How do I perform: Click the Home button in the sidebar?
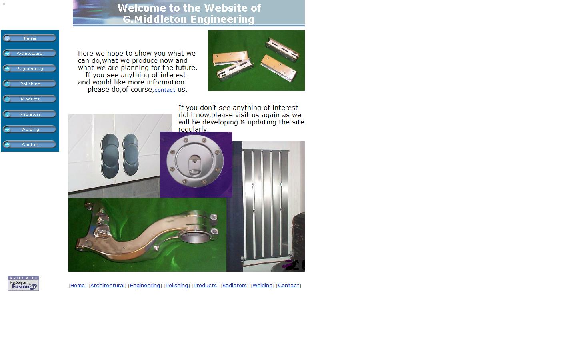pos(30,38)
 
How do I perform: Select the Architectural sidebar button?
pos(30,54)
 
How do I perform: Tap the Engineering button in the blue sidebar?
pos(30,69)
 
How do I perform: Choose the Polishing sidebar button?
pos(30,84)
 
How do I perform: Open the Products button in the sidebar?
pos(30,99)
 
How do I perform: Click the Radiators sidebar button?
pos(30,114)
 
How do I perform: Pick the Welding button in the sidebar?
pos(30,130)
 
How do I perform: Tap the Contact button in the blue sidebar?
pos(30,145)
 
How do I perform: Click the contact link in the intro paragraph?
pos(164,90)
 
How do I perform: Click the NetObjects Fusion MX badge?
pos(24,283)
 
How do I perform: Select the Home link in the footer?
pos(78,286)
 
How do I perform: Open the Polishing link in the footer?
pos(177,286)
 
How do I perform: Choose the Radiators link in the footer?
pos(234,286)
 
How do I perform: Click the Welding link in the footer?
pos(262,286)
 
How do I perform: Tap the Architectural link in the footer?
pos(107,286)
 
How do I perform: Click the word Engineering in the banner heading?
pos(222,19)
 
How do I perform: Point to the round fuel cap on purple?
pos(196,161)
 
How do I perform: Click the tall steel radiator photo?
pos(266,204)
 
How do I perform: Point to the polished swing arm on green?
pos(147,234)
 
